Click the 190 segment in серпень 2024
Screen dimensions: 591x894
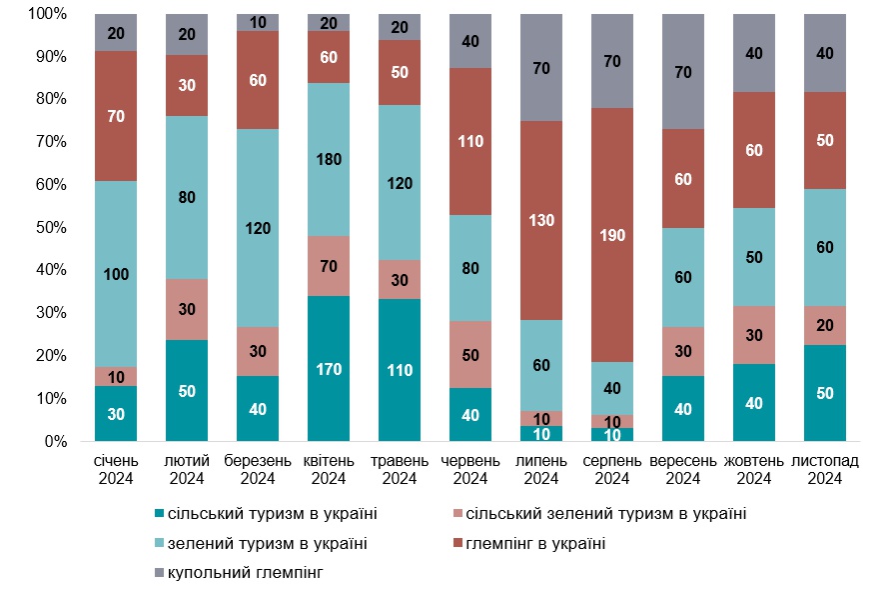(611, 235)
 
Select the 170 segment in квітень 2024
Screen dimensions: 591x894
(329, 369)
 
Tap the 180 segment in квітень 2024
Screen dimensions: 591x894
(329, 160)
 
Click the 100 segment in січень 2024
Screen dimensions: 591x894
(116, 274)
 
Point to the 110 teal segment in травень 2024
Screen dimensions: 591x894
(400, 370)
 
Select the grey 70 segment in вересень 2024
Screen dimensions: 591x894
(682, 72)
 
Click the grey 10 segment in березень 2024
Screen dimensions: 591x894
(258, 23)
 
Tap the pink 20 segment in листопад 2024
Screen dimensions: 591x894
(824, 325)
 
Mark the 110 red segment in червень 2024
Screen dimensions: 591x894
(469, 141)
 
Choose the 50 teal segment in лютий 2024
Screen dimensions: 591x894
(187, 390)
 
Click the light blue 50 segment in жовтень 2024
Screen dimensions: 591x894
(753, 257)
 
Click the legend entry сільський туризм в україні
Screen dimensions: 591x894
(265, 514)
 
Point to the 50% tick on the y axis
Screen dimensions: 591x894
(49, 228)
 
